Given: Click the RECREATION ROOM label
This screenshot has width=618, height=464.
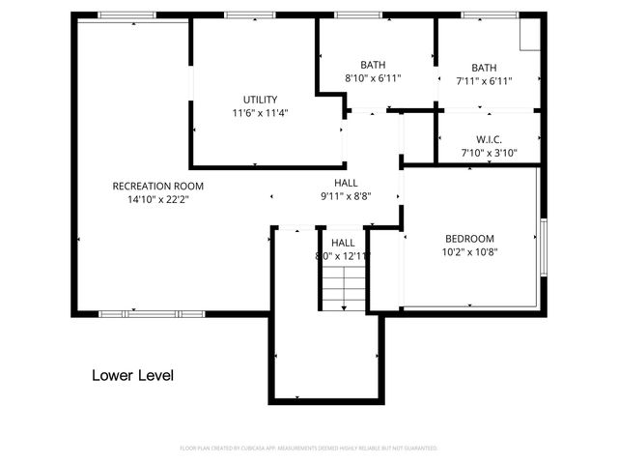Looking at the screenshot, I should coord(157,186).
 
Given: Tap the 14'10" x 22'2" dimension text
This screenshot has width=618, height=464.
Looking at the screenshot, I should coord(157,200).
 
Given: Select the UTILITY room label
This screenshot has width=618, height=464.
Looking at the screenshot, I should coord(260,99).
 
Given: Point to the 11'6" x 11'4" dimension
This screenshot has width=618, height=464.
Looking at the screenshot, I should coord(260,112).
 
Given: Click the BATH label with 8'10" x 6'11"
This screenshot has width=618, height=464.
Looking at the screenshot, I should coord(373,64).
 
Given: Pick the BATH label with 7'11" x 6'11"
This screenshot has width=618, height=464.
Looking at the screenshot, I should coord(484,68).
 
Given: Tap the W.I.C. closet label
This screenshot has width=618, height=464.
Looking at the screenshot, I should coord(489,139).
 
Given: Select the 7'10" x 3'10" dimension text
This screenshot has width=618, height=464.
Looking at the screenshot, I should coord(489,153).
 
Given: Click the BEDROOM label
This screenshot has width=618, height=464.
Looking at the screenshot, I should coord(469,239).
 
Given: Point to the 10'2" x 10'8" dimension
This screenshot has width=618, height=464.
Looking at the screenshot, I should coord(469,252).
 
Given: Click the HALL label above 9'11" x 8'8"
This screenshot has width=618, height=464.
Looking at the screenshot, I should coord(346,182).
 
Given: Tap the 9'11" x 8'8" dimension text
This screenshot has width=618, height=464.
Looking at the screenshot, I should coord(346,195).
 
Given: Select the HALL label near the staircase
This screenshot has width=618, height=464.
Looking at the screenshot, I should coord(343,243).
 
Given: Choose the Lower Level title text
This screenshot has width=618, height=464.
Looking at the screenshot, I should coord(132,375).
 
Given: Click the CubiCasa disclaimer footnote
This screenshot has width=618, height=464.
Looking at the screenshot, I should coord(309,449).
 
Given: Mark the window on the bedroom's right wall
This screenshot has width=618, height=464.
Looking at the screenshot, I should coord(543,246).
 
